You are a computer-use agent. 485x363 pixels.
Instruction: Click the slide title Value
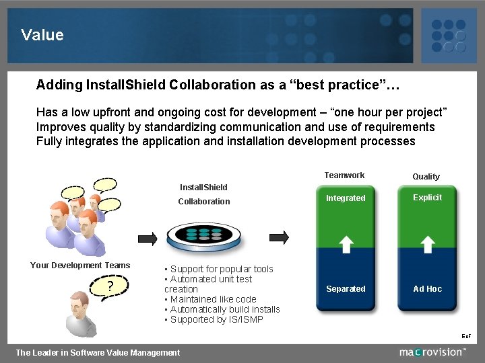[x=42, y=35]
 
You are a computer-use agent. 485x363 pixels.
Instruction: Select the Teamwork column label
[x=344, y=175]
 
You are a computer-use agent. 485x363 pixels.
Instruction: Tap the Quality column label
[x=426, y=176]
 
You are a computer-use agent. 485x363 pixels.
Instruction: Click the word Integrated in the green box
[x=346, y=198]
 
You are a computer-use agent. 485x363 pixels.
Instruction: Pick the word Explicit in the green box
[x=427, y=198]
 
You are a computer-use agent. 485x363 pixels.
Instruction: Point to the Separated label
[x=346, y=289]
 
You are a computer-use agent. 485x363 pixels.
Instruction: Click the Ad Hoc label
[x=428, y=289]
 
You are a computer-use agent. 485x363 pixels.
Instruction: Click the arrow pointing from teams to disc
[x=147, y=237]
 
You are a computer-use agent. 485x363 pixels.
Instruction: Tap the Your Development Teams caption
[x=80, y=265]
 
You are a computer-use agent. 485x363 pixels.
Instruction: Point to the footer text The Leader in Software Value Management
[x=98, y=352]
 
